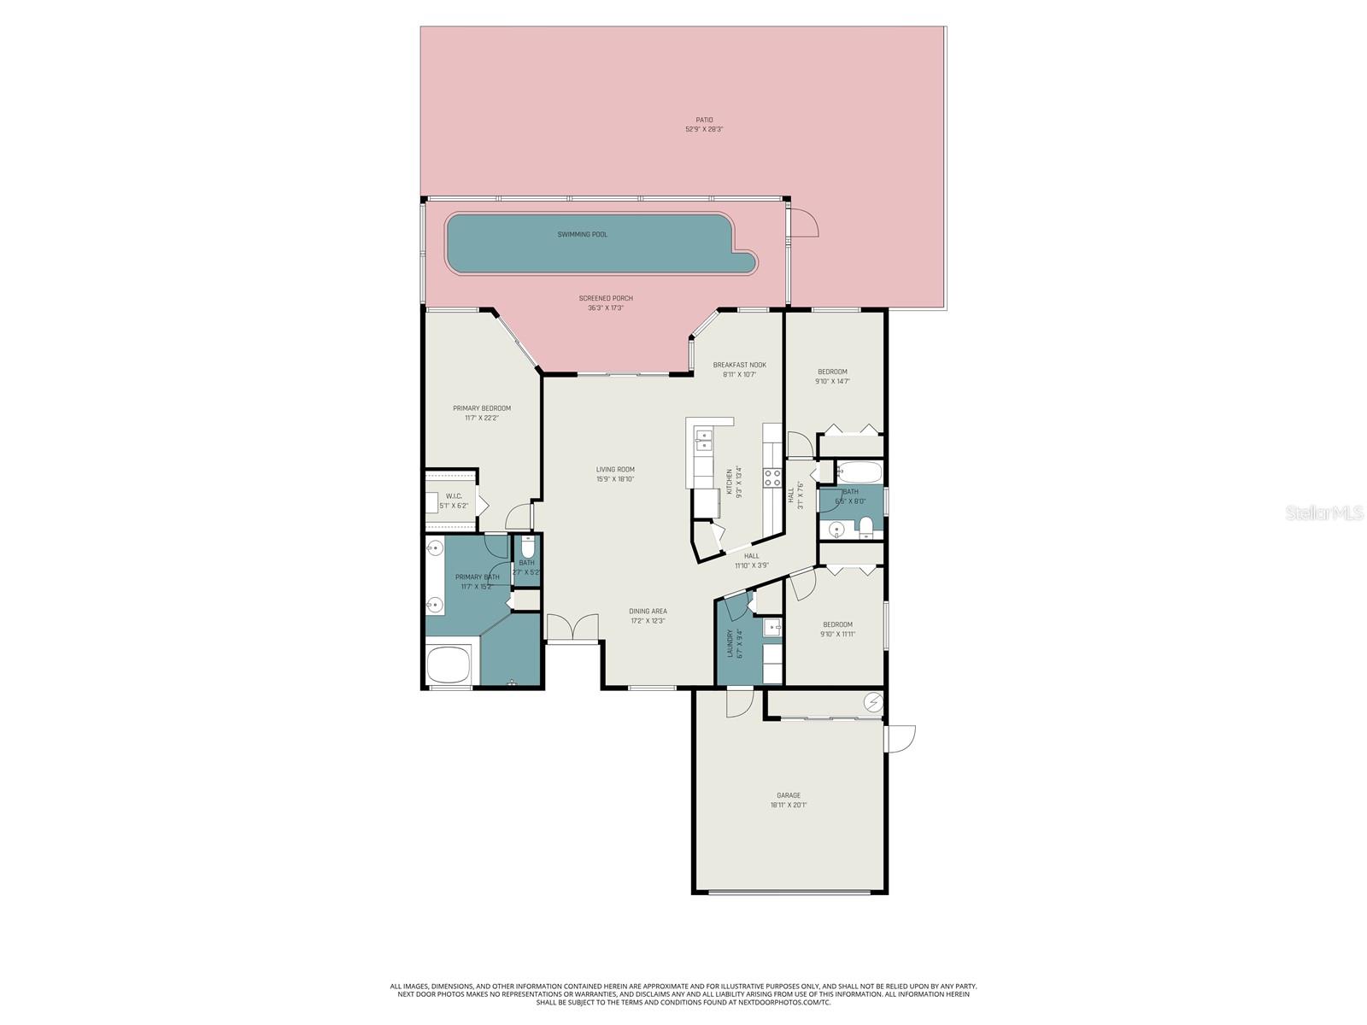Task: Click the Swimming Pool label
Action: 583,234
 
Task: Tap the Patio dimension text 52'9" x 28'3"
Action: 704,130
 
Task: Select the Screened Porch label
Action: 606,298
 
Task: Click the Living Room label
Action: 615,469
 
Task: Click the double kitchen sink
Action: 704,440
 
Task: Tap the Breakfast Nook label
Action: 740,365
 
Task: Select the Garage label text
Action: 788,795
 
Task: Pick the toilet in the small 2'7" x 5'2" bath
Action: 527,546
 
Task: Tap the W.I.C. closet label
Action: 454,496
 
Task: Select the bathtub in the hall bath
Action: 859,472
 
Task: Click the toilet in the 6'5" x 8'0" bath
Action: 866,524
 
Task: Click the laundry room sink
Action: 772,628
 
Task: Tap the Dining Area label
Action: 648,611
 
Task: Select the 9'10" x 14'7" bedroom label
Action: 832,372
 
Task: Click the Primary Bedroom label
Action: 482,408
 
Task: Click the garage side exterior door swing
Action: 901,738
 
